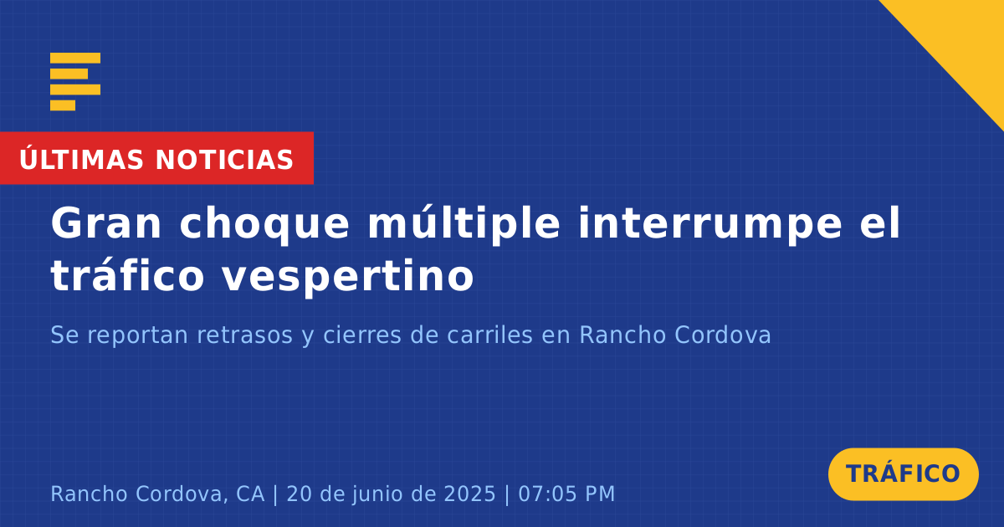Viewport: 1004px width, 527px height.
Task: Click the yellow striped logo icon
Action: [75, 82]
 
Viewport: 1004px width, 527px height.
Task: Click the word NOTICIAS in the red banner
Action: [224, 160]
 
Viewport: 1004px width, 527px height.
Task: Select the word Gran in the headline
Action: [105, 223]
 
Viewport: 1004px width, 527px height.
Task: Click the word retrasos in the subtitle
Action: [244, 335]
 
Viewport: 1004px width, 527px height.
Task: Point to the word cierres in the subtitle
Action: [361, 335]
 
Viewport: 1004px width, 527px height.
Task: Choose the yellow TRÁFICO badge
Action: [903, 474]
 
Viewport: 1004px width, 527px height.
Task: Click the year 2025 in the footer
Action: [469, 494]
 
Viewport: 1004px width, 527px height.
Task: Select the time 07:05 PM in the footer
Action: [566, 494]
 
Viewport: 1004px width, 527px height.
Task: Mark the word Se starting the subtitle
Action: [65, 335]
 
